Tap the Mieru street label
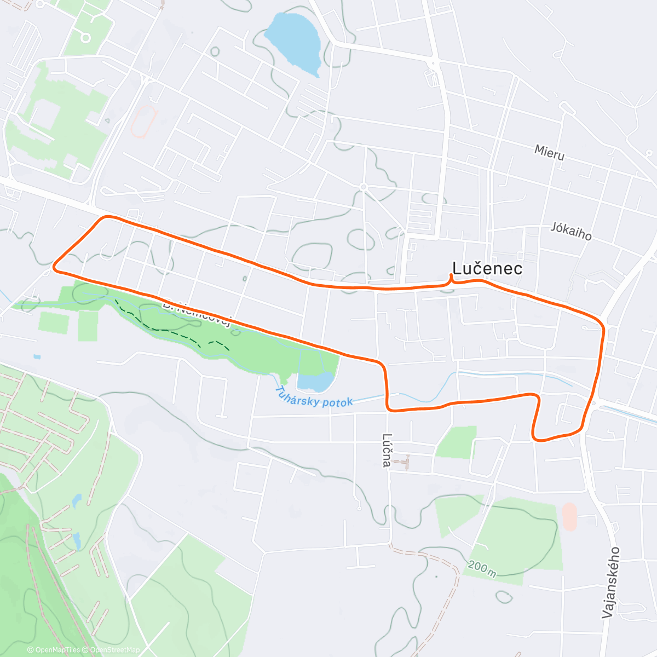point(549,153)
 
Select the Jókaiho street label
point(571,232)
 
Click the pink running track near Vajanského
point(569,517)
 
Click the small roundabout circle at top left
point(85,37)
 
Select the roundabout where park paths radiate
point(363,187)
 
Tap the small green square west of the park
point(54,322)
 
